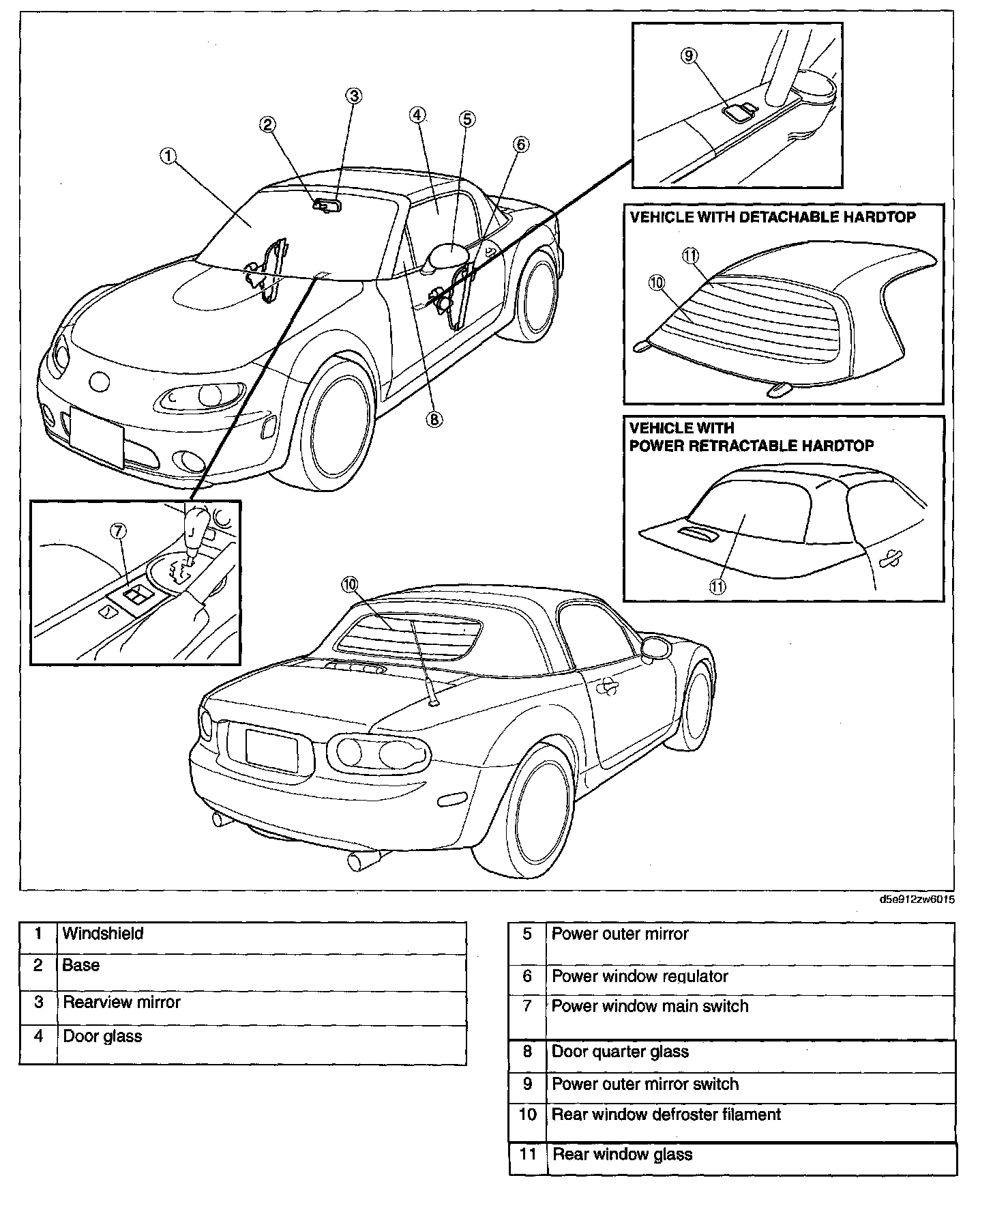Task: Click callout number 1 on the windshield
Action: click(x=168, y=156)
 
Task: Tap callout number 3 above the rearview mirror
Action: click(x=353, y=96)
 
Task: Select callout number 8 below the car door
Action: click(x=434, y=419)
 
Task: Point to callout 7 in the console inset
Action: click(x=119, y=532)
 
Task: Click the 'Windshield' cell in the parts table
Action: click(x=103, y=934)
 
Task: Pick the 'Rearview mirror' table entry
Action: click(x=121, y=1002)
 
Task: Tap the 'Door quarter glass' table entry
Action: click(x=620, y=1052)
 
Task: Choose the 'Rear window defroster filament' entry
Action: click(x=666, y=1114)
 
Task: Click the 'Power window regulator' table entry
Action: click(x=640, y=977)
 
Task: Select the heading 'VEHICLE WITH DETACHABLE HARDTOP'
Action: click(x=773, y=217)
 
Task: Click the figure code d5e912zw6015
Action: click(x=917, y=899)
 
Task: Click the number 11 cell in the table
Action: click(x=527, y=1155)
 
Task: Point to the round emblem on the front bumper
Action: click(x=100, y=382)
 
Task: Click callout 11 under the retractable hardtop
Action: click(x=718, y=586)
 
